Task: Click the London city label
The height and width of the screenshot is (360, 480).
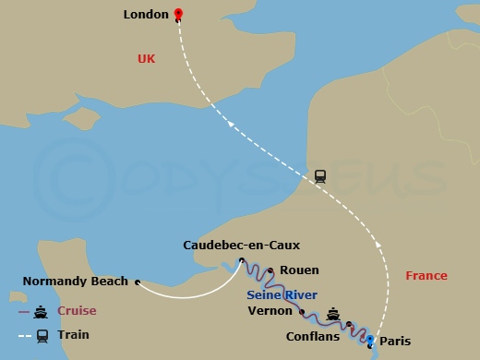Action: coord(146,15)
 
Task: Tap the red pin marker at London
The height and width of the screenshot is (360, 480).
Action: coord(178,14)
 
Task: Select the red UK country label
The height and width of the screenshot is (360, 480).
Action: coord(147,58)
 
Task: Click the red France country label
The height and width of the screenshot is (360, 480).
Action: coord(426,275)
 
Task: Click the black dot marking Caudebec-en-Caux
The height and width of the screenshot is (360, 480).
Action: coord(241,260)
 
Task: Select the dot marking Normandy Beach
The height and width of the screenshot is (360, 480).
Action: coord(137,282)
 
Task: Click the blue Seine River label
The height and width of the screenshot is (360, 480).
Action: coord(282,294)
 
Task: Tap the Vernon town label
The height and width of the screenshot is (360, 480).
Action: coord(270,312)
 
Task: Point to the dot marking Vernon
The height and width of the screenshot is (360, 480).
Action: coord(302,312)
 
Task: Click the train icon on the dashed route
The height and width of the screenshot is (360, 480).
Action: coord(320,175)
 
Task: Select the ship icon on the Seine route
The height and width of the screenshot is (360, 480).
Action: coord(333,312)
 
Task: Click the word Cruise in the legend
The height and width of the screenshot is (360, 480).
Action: coord(77,311)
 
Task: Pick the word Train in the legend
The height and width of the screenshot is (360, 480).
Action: coord(73,335)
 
